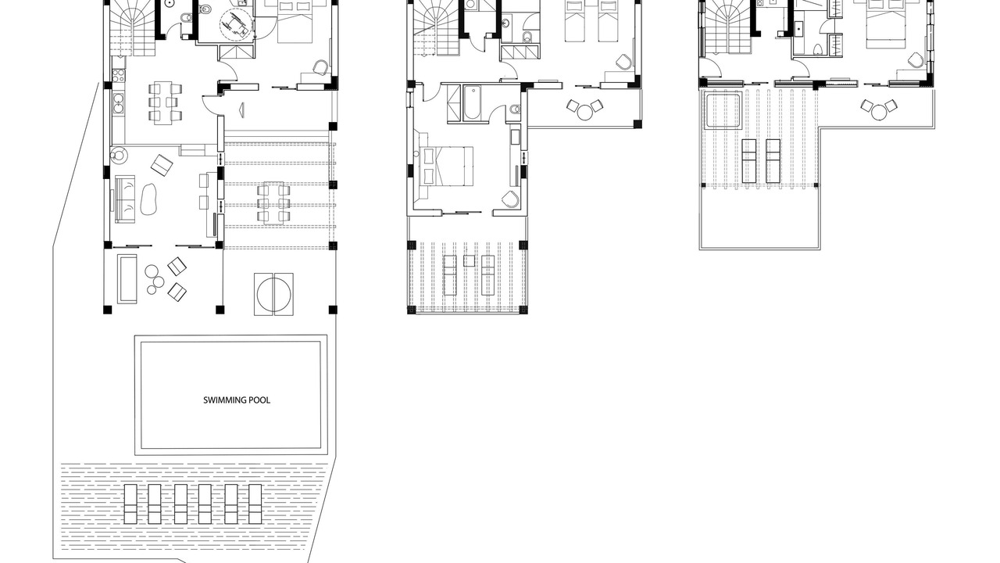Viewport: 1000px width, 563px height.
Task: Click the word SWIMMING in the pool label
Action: click(224, 400)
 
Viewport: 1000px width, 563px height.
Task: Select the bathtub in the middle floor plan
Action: click(471, 102)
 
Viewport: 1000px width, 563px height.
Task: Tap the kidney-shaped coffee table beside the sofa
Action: click(149, 199)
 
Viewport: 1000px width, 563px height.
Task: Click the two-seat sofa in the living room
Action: click(126, 199)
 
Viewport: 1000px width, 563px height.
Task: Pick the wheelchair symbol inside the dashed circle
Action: click(236, 23)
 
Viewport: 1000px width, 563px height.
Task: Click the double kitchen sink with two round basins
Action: click(119, 102)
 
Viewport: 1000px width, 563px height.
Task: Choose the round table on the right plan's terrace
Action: click(879, 112)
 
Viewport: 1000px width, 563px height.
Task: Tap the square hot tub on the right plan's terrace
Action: click(723, 110)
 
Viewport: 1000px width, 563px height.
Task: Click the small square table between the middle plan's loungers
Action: click(469, 260)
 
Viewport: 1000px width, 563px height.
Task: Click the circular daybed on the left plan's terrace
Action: click(273, 295)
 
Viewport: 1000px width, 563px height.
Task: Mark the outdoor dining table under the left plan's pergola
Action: click(273, 202)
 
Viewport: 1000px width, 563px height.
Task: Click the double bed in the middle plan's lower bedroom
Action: click(446, 166)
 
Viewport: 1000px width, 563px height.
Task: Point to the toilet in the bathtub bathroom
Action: click(515, 109)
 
